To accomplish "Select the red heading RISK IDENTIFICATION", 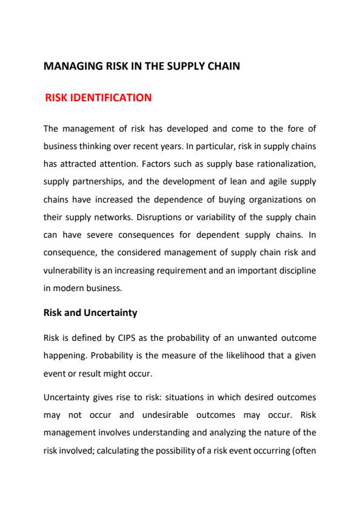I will pos(98,97).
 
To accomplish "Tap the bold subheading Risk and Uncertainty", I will pos(91,314).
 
